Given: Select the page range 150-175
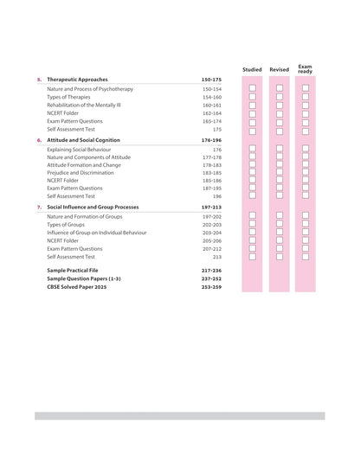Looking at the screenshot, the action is tap(211, 80).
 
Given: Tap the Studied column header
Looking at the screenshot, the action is tap(252, 69).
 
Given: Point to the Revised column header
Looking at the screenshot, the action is tap(279, 69).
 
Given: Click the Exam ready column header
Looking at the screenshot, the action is tap(305, 67).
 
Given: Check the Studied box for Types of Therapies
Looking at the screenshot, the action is tap(252, 97).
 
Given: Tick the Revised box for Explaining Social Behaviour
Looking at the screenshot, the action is tap(279, 150).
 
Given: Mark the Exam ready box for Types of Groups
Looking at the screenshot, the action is tap(305, 225).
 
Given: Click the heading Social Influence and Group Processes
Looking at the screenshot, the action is tap(93, 208).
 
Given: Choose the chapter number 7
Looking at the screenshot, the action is tap(38, 208).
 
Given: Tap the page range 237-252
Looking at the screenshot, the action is tap(211, 279).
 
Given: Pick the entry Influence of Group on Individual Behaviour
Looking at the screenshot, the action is tap(97, 233).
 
